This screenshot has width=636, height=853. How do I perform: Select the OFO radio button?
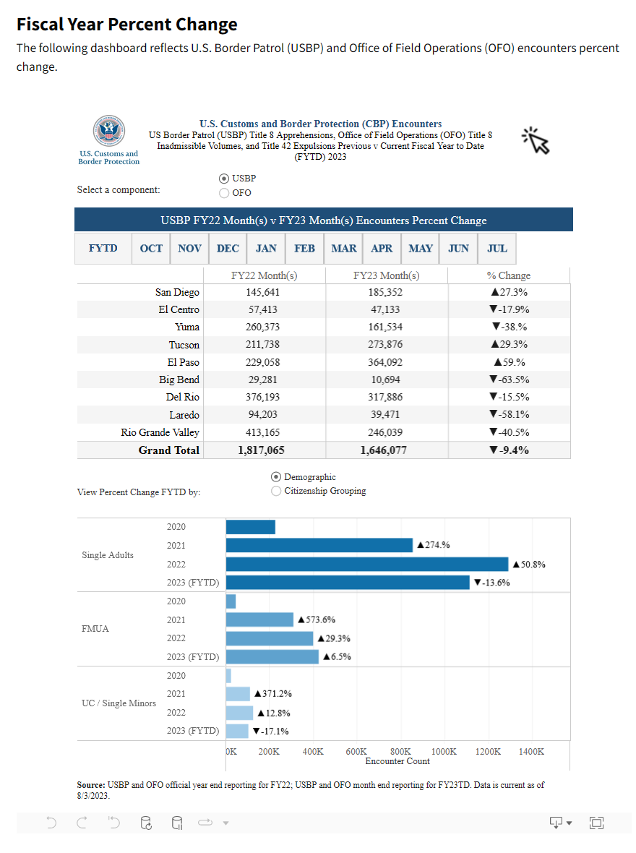coord(224,193)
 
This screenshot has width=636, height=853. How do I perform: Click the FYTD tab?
coord(103,248)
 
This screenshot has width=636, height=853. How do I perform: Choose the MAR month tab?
coord(343,248)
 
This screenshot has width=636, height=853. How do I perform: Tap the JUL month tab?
coord(497,248)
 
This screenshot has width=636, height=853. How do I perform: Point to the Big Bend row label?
coord(179,380)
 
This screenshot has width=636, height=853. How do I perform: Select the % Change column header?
coord(509,275)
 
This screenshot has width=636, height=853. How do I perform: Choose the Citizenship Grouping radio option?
coord(276,491)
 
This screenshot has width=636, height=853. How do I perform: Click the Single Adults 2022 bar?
coord(367,564)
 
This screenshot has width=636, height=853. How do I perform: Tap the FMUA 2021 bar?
coord(259,620)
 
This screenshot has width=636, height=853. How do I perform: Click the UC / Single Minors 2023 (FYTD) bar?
coord(237,730)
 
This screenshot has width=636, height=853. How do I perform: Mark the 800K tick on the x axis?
coord(400,752)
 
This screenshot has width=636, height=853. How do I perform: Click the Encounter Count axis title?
coord(397,761)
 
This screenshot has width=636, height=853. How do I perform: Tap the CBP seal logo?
coord(108,131)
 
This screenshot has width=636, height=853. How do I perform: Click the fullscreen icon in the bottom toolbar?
coord(596,822)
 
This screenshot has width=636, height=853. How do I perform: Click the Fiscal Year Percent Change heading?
coord(127,25)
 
